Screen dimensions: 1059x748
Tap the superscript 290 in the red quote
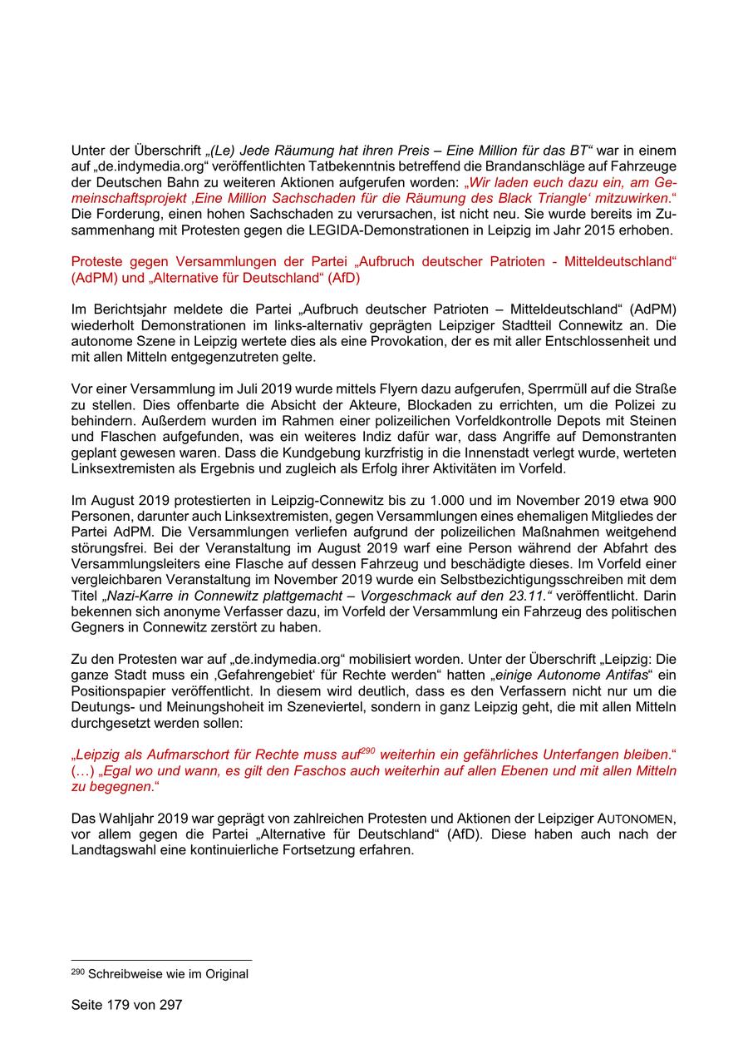[x=368, y=750]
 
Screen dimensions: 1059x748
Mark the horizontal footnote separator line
[x=161, y=960]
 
